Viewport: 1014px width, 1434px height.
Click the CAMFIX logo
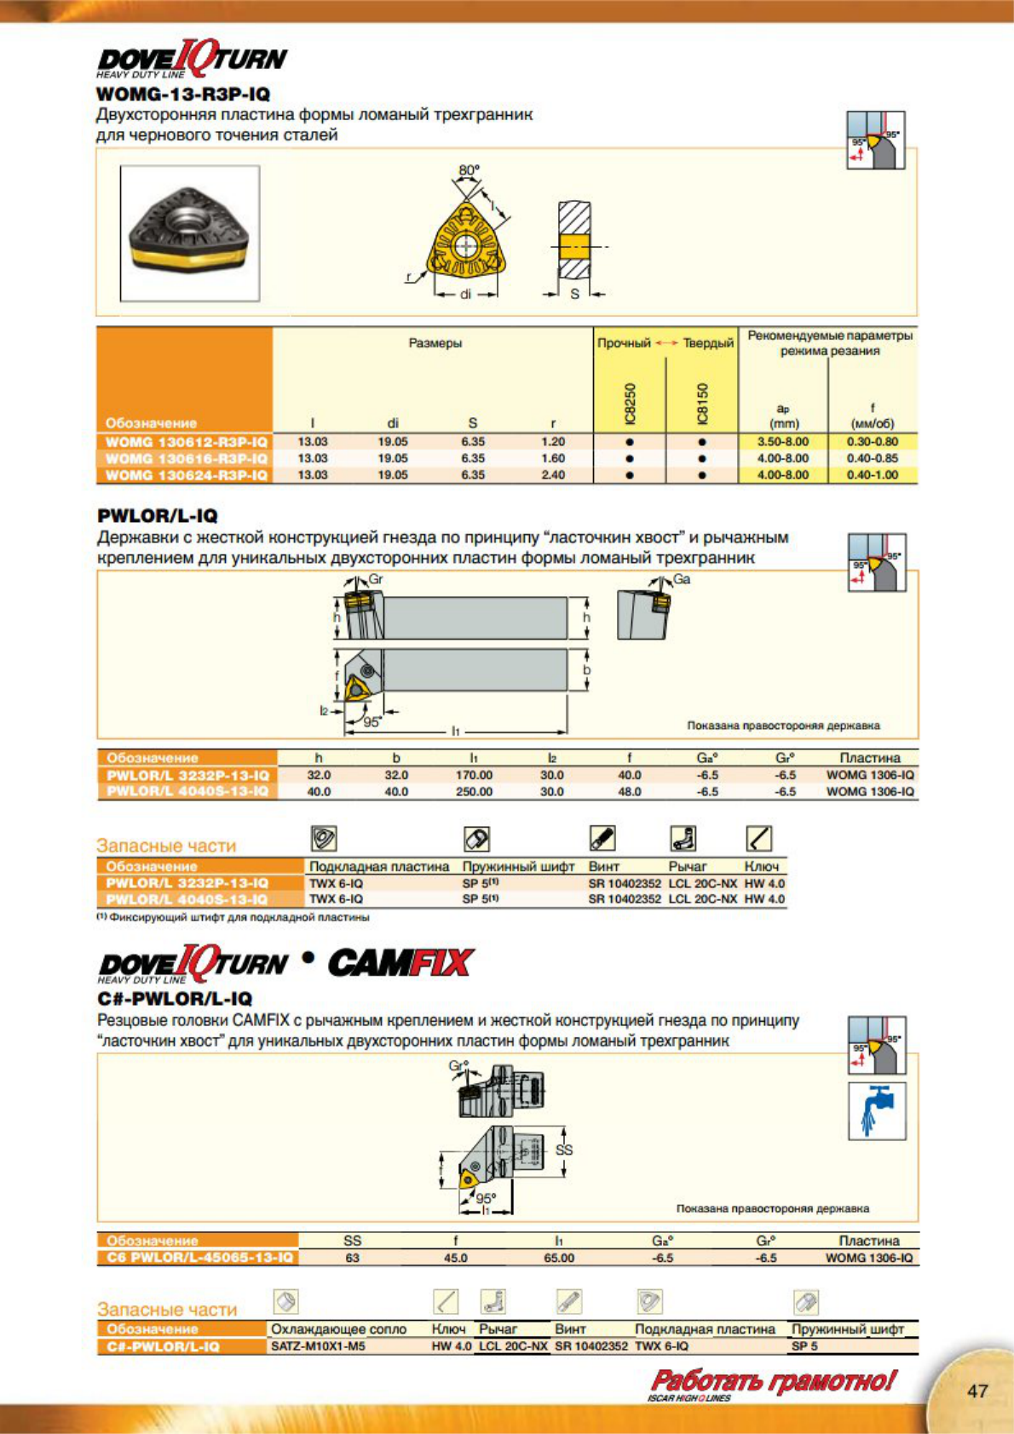400,963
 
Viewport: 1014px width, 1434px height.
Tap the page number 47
977,1391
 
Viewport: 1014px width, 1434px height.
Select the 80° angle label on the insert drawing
469,170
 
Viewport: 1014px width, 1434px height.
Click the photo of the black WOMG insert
189,232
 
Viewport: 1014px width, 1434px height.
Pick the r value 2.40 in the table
553,475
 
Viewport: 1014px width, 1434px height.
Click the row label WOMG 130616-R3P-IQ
186,459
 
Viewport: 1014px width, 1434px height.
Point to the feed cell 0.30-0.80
873,442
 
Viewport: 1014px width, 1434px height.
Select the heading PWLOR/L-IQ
158,515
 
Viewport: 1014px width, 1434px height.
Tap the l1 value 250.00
474,792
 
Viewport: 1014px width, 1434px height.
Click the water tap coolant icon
877,1111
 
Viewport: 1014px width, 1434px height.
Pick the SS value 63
352,1258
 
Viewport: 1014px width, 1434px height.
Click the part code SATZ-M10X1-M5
318,1346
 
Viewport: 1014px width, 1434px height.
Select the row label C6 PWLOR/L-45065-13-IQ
199,1258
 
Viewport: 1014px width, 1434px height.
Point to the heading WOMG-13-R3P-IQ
183,94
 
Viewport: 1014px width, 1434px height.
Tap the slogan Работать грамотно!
773,1381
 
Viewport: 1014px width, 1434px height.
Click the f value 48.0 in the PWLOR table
630,792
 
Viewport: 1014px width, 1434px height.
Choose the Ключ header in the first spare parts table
761,866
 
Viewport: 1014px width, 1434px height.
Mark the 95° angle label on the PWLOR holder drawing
372,722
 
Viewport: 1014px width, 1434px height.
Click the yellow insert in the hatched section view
574,247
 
